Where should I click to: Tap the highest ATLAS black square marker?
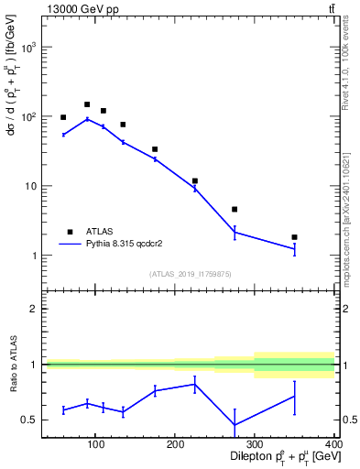[x=87, y=104]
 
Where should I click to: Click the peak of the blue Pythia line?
[x=87, y=119]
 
